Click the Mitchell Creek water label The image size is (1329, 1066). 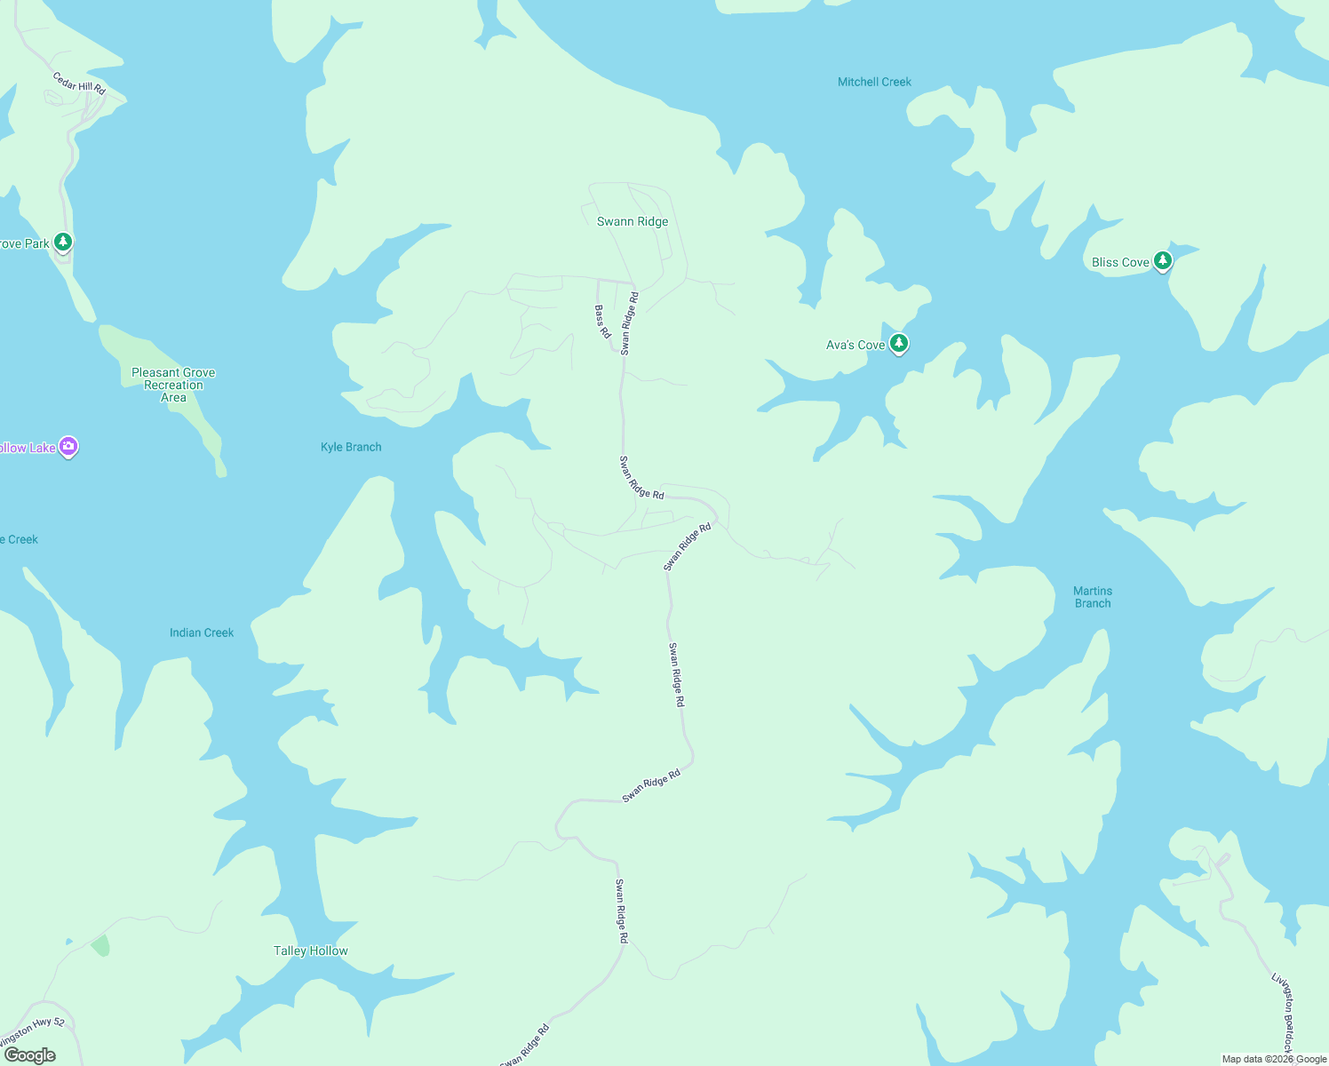tap(874, 82)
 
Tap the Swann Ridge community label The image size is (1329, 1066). tap(633, 221)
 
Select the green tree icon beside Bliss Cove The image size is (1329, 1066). tap(1163, 261)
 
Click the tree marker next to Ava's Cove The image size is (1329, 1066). tap(899, 343)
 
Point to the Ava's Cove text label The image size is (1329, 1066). tap(855, 345)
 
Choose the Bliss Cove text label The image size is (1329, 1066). tap(1120, 262)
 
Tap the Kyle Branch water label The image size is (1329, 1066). tap(351, 447)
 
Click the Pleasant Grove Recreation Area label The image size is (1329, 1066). tap(173, 385)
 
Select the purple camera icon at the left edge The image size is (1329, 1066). tap(68, 447)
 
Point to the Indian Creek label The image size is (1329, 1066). tap(202, 632)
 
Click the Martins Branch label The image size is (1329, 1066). tap(1093, 597)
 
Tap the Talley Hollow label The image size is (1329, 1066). tap(311, 951)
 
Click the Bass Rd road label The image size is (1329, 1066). tap(603, 322)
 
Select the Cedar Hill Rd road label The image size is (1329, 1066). tap(79, 84)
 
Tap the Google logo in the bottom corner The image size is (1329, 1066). tap(29, 1054)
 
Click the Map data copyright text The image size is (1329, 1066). tap(1274, 1059)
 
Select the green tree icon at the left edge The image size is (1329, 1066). tap(62, 242)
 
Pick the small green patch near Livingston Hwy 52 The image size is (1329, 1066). tap(100, 945)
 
